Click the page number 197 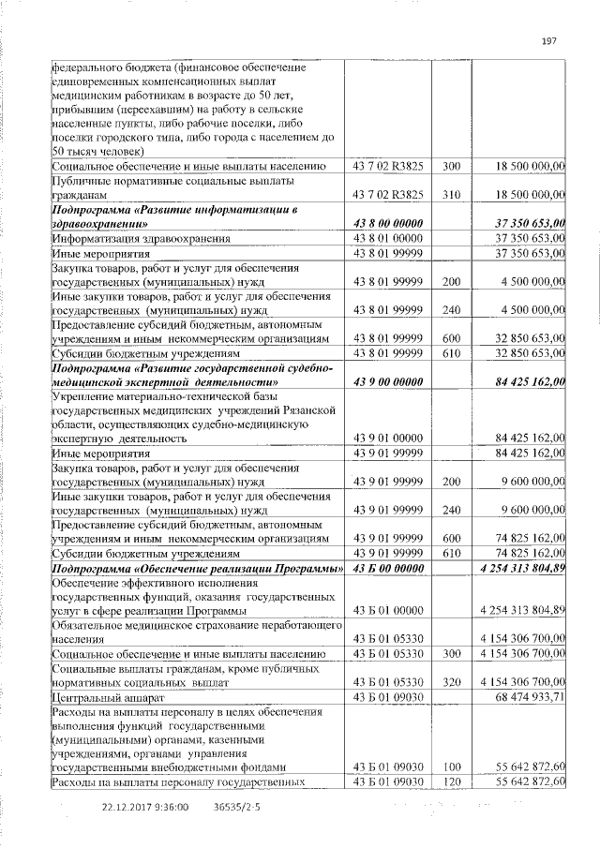(x=549, y=39)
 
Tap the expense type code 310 (x=450, y=193)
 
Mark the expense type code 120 (x=450, y=781)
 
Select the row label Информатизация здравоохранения (x=130, y=239)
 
